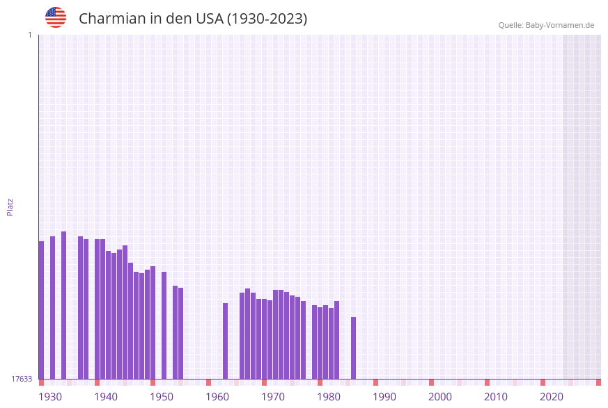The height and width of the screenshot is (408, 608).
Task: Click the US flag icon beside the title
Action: [x=56, y=17]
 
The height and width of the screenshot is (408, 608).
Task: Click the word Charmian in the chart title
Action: [x=111, y=19]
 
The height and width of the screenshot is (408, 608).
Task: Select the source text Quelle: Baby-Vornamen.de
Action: [x=546, y=25]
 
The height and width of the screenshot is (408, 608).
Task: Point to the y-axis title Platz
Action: [x=10, y=206]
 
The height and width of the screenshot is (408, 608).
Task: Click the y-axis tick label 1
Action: [x=29, y=35]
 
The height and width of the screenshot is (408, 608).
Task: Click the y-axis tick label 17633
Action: [x=22, y=379]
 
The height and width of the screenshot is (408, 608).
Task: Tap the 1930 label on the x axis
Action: [x=50, y=397]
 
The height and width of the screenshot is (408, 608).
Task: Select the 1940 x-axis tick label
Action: [x=106, y=397]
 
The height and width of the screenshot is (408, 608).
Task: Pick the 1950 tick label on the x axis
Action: [x=162, y=397]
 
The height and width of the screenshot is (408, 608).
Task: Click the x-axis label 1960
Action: [x=217, y=397]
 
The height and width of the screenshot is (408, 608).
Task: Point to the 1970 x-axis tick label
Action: [x=273, y=397]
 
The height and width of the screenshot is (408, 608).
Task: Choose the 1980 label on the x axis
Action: [x=329, y=397]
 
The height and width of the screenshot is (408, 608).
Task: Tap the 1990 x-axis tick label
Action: [x=384, y=397]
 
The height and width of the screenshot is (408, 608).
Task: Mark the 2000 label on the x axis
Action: [x=440, y=397]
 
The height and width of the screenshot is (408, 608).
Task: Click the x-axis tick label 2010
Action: [x=496, y=397]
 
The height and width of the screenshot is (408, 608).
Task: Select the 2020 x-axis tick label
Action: [x=552, y=397]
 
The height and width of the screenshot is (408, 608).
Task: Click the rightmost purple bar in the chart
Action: [x=354, y=348]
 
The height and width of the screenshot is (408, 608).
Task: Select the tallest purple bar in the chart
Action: [x=64, y=305]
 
